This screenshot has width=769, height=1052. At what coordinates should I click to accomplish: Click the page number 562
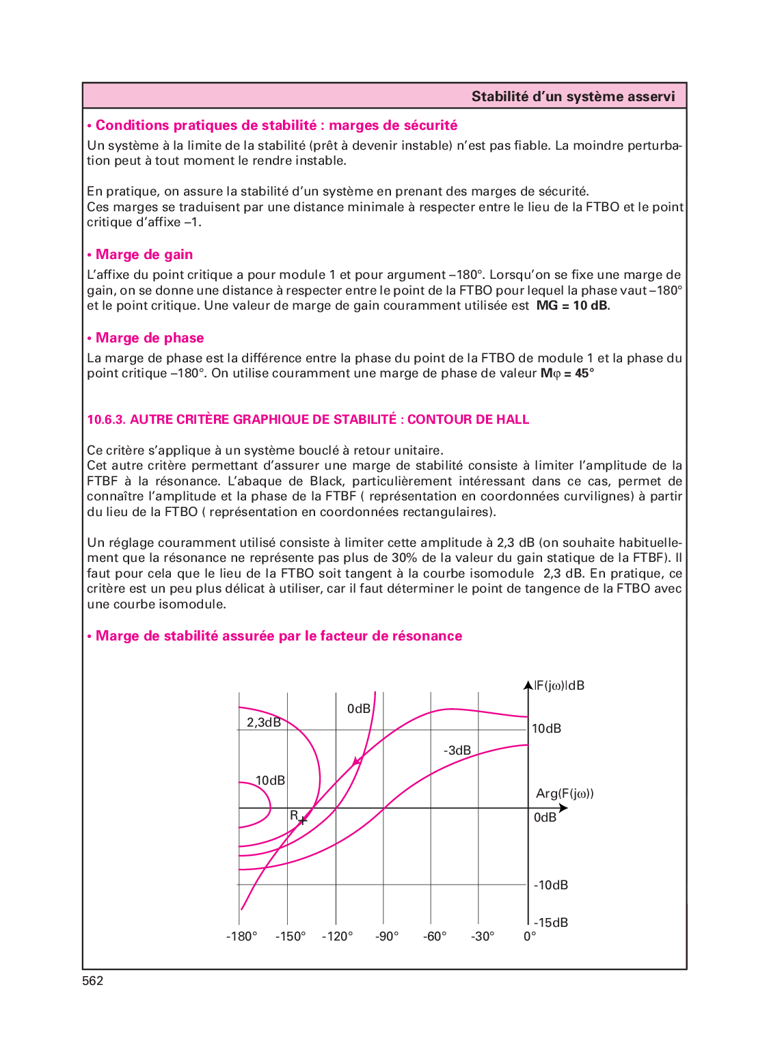coord(93,981)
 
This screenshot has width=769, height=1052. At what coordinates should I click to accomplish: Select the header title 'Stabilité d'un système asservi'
coord(573,96)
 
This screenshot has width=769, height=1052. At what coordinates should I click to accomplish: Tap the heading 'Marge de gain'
coord(144,254)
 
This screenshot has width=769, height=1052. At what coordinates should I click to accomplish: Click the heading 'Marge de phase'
coord(149,338)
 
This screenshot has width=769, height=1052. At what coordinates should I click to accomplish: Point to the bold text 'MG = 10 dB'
coord(572,306)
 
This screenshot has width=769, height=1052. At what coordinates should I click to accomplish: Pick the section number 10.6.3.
coord(106,420)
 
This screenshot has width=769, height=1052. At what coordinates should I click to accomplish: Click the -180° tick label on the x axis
coord(241,936)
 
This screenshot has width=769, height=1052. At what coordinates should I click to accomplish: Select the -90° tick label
coord(386,936)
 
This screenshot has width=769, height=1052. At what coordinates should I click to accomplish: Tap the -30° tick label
coord(482,936)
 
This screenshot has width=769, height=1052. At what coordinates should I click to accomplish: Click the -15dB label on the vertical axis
coord(550,923)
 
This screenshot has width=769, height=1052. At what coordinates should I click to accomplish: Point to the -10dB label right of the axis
coord(550,885)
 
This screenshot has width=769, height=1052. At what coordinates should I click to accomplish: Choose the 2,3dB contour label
coord(264,723)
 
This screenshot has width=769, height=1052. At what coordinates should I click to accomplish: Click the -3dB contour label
coord(457,751)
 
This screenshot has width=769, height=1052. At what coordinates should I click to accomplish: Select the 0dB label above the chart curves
coord(358,709)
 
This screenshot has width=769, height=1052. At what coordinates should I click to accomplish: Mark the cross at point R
coord(302,820)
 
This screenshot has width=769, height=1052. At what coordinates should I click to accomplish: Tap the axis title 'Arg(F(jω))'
coord(565,794)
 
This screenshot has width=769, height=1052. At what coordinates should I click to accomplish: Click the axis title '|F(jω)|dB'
coord(559,686)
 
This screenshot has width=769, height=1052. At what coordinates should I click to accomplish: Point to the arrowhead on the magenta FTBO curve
coord(357,761)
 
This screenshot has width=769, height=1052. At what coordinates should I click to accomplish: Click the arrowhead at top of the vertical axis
coord(528,685)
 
